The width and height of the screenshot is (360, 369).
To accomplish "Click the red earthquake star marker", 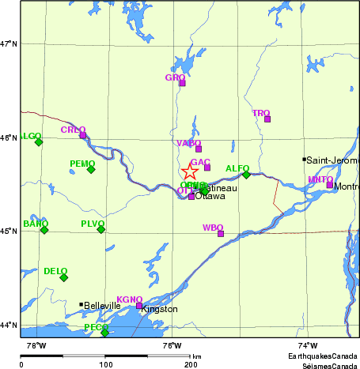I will coord(190,173).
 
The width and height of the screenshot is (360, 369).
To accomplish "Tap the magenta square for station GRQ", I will coord(181,83).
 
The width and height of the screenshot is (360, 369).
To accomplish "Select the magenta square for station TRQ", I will coord(267,119).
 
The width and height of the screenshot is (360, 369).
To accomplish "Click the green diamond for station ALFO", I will coord(246,175).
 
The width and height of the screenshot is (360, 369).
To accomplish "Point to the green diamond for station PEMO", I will coord(91,169).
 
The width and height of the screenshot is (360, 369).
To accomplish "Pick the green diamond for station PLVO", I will coord(101,229).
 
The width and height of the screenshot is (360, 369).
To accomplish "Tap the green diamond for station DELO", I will coord(64,277).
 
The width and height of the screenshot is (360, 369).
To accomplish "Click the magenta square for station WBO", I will coord(221,234).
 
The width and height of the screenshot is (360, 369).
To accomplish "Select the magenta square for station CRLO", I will coord(82,135).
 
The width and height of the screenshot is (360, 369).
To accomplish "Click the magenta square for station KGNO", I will coord(139,306).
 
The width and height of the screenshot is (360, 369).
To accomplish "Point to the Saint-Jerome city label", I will coord(332,160).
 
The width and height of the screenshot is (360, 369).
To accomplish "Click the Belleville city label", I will coord(102,306).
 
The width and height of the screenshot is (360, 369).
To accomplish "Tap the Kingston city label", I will coord(160,310).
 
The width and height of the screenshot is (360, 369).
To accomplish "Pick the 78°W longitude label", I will coord(36,346).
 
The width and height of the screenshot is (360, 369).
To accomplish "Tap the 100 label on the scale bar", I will coord(105,364).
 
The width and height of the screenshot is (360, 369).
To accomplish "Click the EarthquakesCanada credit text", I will coord(316,357).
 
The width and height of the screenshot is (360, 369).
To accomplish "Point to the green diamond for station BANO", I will coord(44,229).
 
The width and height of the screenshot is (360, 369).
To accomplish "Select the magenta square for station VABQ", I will coord(199,149).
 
